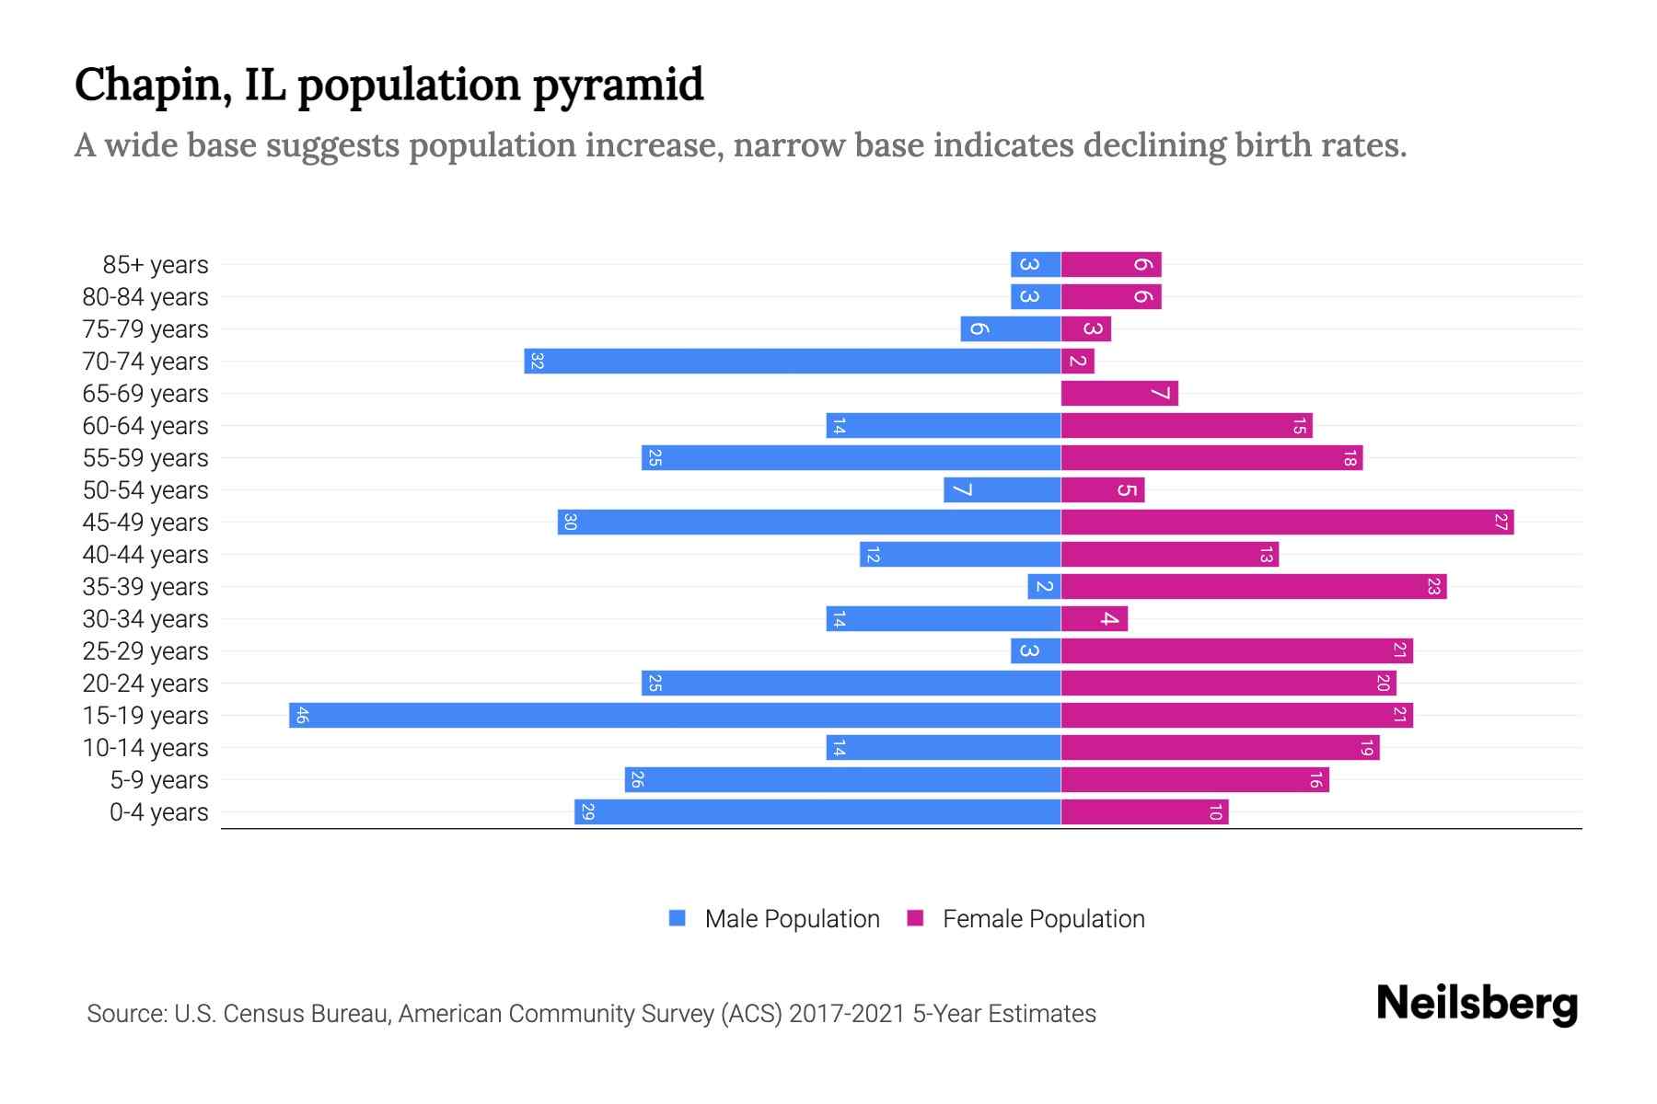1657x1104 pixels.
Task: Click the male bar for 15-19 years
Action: [x=675, y=715]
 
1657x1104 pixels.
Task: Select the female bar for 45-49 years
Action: [x=1287, y=522]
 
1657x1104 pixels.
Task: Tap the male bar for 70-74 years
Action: [x=793, y=361]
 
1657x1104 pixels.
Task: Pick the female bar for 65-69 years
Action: [x=1119, y=393]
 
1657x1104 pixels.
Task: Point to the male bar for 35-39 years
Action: [x=1044, y=586]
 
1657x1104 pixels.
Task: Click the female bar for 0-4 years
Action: [x=1144, y=811]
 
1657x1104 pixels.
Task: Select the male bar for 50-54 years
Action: [x=1002, y=489]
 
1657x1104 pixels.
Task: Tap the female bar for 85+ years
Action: [x=1111, y=264]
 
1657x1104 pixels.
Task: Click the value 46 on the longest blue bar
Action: [x=302, y=715]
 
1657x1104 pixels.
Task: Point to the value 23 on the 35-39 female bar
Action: [x=1433, y=586]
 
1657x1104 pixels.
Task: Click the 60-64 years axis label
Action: [x=145, y=426]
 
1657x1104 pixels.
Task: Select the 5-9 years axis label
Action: [x=159, y=780]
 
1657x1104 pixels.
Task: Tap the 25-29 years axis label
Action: [x=145, y=651]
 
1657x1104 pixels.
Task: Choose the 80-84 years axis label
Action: [x=145, y=297]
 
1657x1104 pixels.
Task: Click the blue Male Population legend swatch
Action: [x=678, y=918]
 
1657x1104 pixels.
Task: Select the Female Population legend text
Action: [x=1043, y=918]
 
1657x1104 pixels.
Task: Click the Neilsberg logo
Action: [x=1477, y=1004]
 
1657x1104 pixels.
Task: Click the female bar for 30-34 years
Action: [x=1095, y=618]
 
